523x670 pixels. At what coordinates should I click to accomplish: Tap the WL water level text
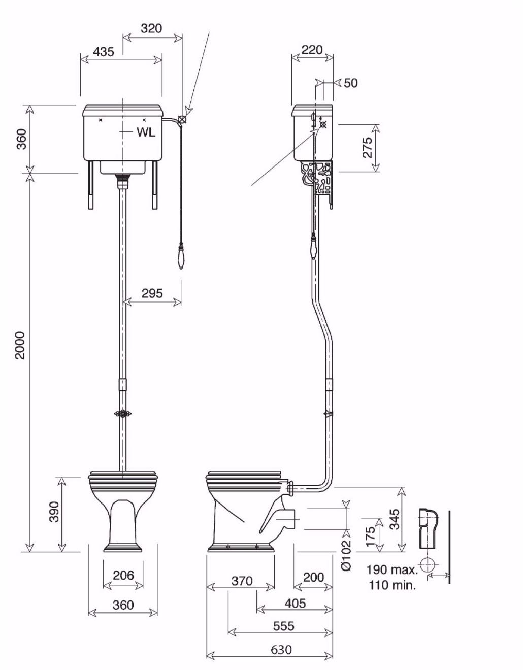tap(146, 132)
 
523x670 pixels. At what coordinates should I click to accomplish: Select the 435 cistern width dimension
tap(103, 52)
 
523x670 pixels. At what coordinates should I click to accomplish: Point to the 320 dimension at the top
tap(151, 28)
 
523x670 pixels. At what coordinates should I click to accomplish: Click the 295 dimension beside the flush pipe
tap(152, 293)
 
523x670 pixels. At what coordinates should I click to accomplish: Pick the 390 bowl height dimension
tap(54, 512)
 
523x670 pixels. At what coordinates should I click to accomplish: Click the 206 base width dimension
tap(123, 575)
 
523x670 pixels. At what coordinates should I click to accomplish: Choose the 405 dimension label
tap(295, 603)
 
